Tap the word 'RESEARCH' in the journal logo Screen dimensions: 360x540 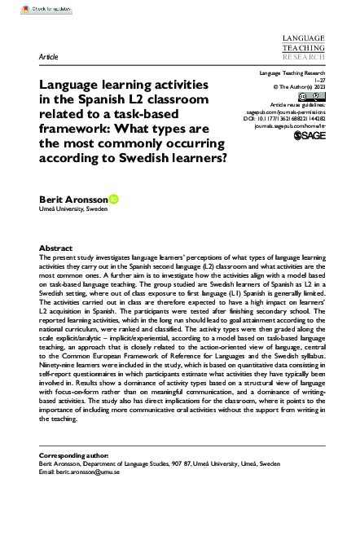302,59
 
